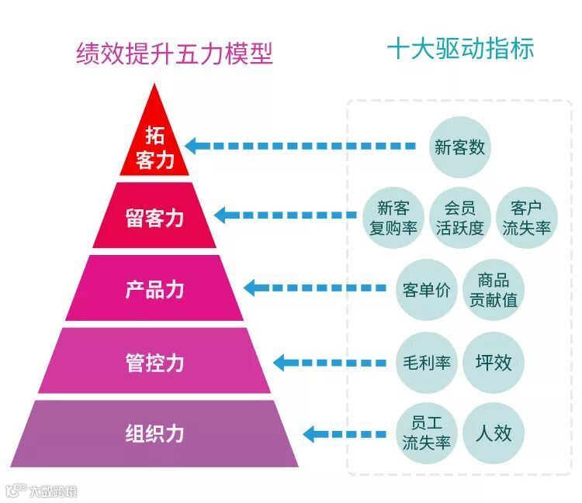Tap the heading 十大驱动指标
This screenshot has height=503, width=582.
point(460,50)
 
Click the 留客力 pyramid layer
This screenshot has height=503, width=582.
point(155,217)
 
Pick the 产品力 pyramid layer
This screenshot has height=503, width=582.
point(155,289)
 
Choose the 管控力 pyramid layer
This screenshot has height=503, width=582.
point(155,362)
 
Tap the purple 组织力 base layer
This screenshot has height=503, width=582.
point(155,432)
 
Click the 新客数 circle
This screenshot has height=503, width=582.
point(459,146)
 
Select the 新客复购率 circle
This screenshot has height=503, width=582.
point(393,218)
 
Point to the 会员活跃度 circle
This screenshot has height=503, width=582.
point(459,218)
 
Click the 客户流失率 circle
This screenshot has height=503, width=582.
point(526,218)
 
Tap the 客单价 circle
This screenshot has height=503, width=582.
point(426,290)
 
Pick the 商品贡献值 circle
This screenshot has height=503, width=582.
point(494,290)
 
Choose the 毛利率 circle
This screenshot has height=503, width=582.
point(426,362)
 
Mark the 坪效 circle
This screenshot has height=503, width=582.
point(494,362)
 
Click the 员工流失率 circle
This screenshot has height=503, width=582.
point(426,433)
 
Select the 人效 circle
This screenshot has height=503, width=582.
point(494,433)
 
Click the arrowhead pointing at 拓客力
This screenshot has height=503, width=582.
point(192,145)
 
